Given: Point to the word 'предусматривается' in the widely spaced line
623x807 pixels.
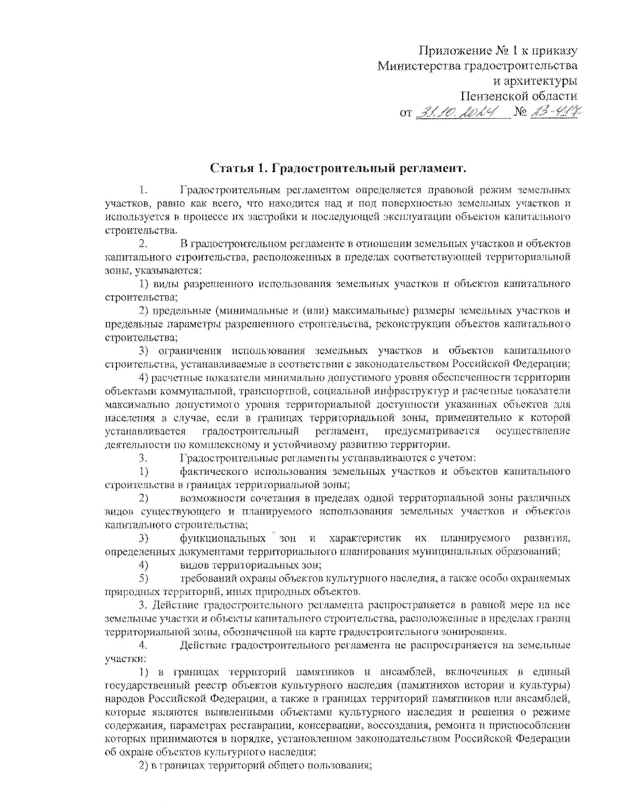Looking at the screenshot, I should [432, 431].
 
